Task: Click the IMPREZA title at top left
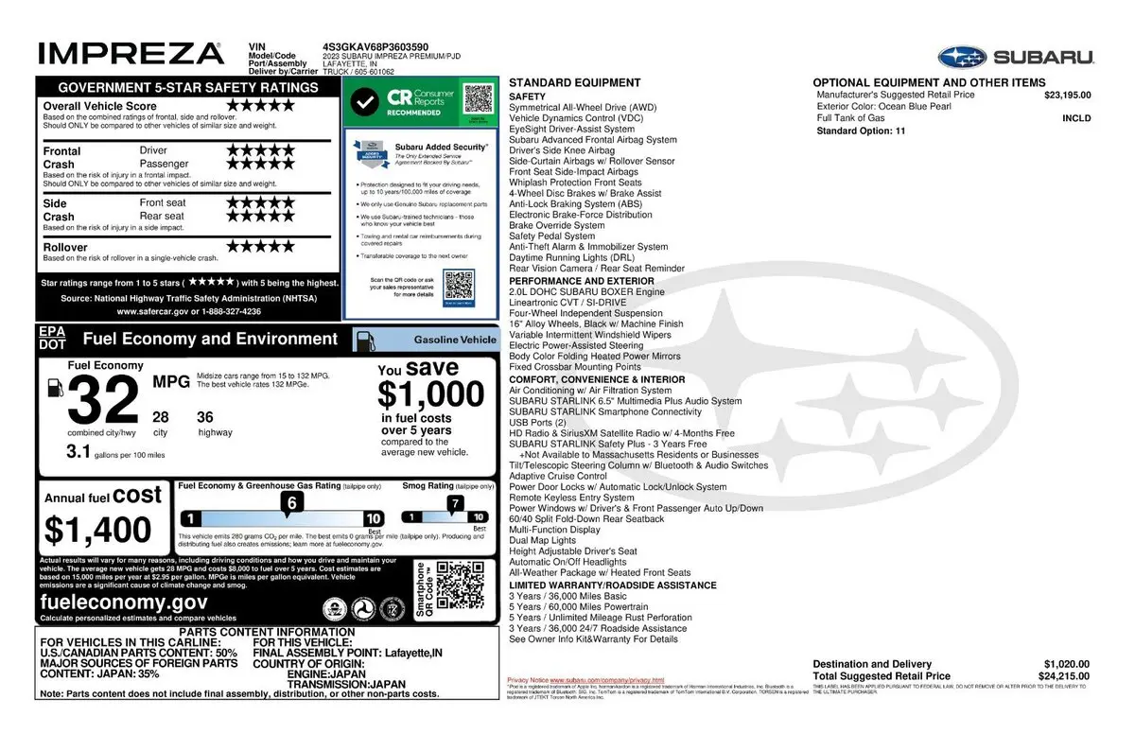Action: [x=131, y=53]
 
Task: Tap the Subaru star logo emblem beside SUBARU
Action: [x=963, y=57]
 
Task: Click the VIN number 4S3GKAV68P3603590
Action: [x=375, y=45]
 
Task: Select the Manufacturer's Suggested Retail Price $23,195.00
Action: [x=1067, y=95]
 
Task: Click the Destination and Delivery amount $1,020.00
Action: [x=1067, y=664]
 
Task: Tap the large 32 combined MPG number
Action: [x=104, y=401]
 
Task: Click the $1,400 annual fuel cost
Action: [x=97, y=530]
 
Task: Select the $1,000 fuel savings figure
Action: [x=430, y=393]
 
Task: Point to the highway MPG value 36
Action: [x=205, y=417]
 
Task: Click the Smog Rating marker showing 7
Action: [x=456, y=504]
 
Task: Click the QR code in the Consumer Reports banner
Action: [x=480, y=98]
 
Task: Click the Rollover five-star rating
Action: [x=260, y=247]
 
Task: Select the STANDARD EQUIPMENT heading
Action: [x=561, y=83]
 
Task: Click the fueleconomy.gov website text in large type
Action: [x=124, y=603]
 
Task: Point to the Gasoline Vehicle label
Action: [x=454, y=340]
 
